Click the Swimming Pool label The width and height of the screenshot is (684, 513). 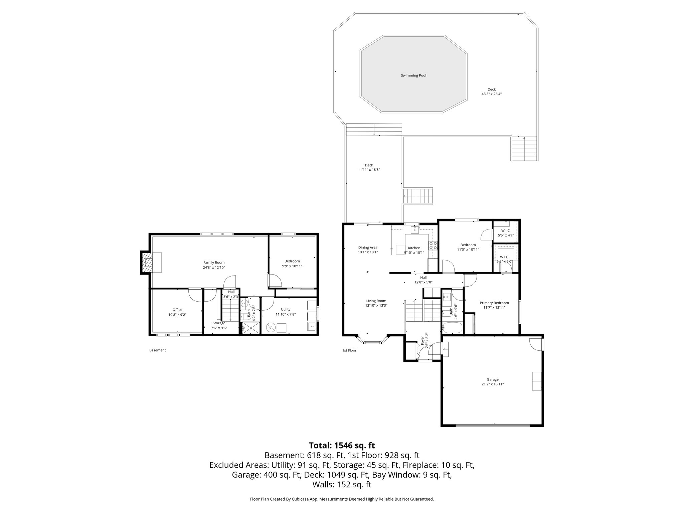click(413, 75)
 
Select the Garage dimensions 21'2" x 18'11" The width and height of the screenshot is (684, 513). click(492, 384)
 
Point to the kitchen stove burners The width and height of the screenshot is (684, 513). click(433, 246)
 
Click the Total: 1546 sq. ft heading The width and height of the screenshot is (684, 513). click(342, 445)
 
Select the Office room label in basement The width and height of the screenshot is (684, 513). click(177, 310)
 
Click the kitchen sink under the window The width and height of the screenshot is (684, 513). click(415, 229)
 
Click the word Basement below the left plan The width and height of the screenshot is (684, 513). click(157, 350)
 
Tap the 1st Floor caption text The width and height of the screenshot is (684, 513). click(349, 350)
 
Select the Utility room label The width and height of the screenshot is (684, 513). click(286, 309)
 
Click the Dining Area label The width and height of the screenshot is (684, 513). click(368, 247)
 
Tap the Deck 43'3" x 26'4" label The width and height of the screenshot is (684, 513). click(491, 92)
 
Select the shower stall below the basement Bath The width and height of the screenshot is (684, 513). click(250, 328)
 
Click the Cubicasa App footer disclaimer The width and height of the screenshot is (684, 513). click(342, 499)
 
